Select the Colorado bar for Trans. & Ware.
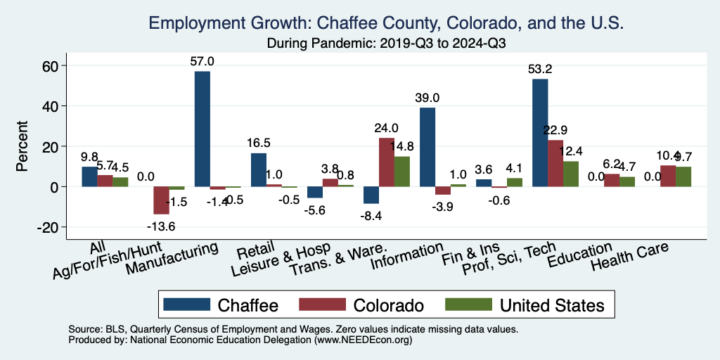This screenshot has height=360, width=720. (x=387, y=162)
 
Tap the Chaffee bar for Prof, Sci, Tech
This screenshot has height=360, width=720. (x=540, y=133)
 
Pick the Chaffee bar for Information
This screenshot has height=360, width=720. (x=427, y=147)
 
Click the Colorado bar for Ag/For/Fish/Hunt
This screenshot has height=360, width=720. (x=162, y=200)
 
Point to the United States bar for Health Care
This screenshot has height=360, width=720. (x=683, y=177)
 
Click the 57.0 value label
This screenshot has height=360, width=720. (x=202, y=61)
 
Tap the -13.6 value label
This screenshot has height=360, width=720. (x=162, y=226)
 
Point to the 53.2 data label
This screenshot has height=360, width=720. (x=540, y=69)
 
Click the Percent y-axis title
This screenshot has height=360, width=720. (x=22, y=147)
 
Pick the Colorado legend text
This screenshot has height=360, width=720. (x=389, y=305)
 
